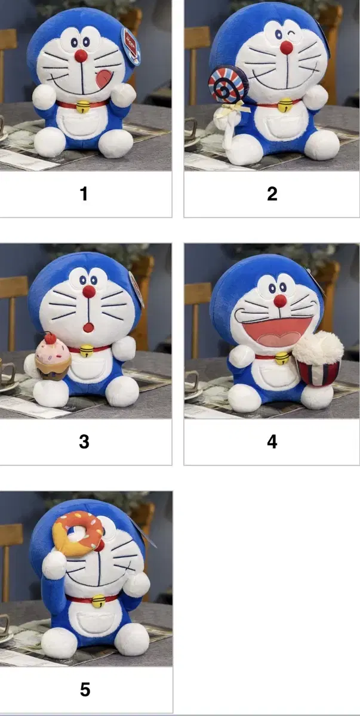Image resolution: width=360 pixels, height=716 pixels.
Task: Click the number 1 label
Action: pyautogui.click(x=84, y=194)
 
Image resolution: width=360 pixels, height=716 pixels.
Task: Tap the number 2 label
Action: pyautogui.click(x=272, y=194)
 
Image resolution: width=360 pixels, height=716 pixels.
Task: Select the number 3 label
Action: pyautogui.click(x=84, y=442)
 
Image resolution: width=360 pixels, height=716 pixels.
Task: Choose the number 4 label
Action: pyautogui.click(x=272, y=442)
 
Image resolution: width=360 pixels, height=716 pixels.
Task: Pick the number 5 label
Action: pyautogui.click(x=85, y=690)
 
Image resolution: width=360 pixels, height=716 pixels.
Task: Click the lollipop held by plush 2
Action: pyautogui.click(x=223, y=84)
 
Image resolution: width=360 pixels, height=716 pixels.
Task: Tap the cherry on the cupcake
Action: pyautogui.click(x=49, y=338)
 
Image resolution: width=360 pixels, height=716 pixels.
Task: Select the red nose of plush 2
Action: pyautogui.click(x=287, y=47)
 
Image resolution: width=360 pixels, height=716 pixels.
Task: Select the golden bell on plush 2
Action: pyautogui.click(x=285, y=104)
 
